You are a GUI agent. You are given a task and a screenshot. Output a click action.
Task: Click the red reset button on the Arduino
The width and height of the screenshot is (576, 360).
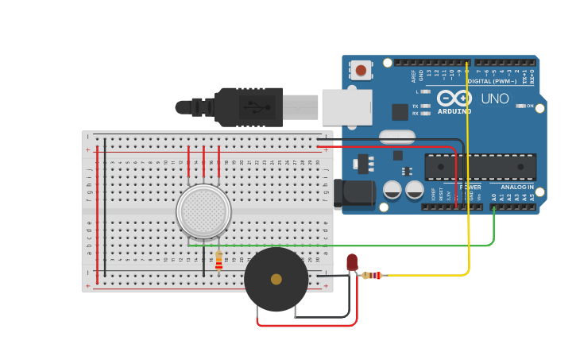point(361,70)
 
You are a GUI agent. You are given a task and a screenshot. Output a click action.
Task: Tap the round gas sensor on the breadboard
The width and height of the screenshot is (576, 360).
point(203,211)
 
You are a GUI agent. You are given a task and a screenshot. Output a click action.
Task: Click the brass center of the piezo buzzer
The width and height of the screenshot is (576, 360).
point(276,279)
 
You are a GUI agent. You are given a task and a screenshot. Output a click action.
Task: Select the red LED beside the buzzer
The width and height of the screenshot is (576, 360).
point(352,262)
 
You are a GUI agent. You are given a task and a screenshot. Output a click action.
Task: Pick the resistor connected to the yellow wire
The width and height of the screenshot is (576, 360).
point(372,276)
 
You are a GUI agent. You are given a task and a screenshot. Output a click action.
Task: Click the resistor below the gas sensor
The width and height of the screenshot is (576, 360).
point(218,260)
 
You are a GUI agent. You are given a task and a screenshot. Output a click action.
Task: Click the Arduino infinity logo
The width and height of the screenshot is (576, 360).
point(454,98)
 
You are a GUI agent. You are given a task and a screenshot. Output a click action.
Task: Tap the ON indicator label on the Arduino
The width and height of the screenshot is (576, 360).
point(529,106)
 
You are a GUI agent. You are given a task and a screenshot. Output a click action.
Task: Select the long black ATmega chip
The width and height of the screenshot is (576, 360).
point(480,167)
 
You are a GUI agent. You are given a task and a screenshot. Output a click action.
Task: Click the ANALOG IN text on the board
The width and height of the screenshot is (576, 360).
point(516,188)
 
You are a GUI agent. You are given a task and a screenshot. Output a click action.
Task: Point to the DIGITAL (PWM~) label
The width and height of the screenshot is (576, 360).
point(492,81)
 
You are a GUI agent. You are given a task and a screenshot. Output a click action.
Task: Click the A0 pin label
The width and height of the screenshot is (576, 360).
point(493,196)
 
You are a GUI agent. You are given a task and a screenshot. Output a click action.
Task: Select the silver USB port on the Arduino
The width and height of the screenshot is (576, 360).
point(346,106)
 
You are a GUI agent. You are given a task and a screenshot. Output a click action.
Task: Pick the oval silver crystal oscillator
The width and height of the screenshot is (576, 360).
point(397,137)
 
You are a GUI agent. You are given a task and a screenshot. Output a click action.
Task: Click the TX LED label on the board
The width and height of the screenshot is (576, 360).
point(416,106)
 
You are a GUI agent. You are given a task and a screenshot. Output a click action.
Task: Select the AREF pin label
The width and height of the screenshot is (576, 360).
point(413,75)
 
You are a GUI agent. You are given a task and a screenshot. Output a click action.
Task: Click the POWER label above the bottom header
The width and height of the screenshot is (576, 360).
point(470,188)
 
